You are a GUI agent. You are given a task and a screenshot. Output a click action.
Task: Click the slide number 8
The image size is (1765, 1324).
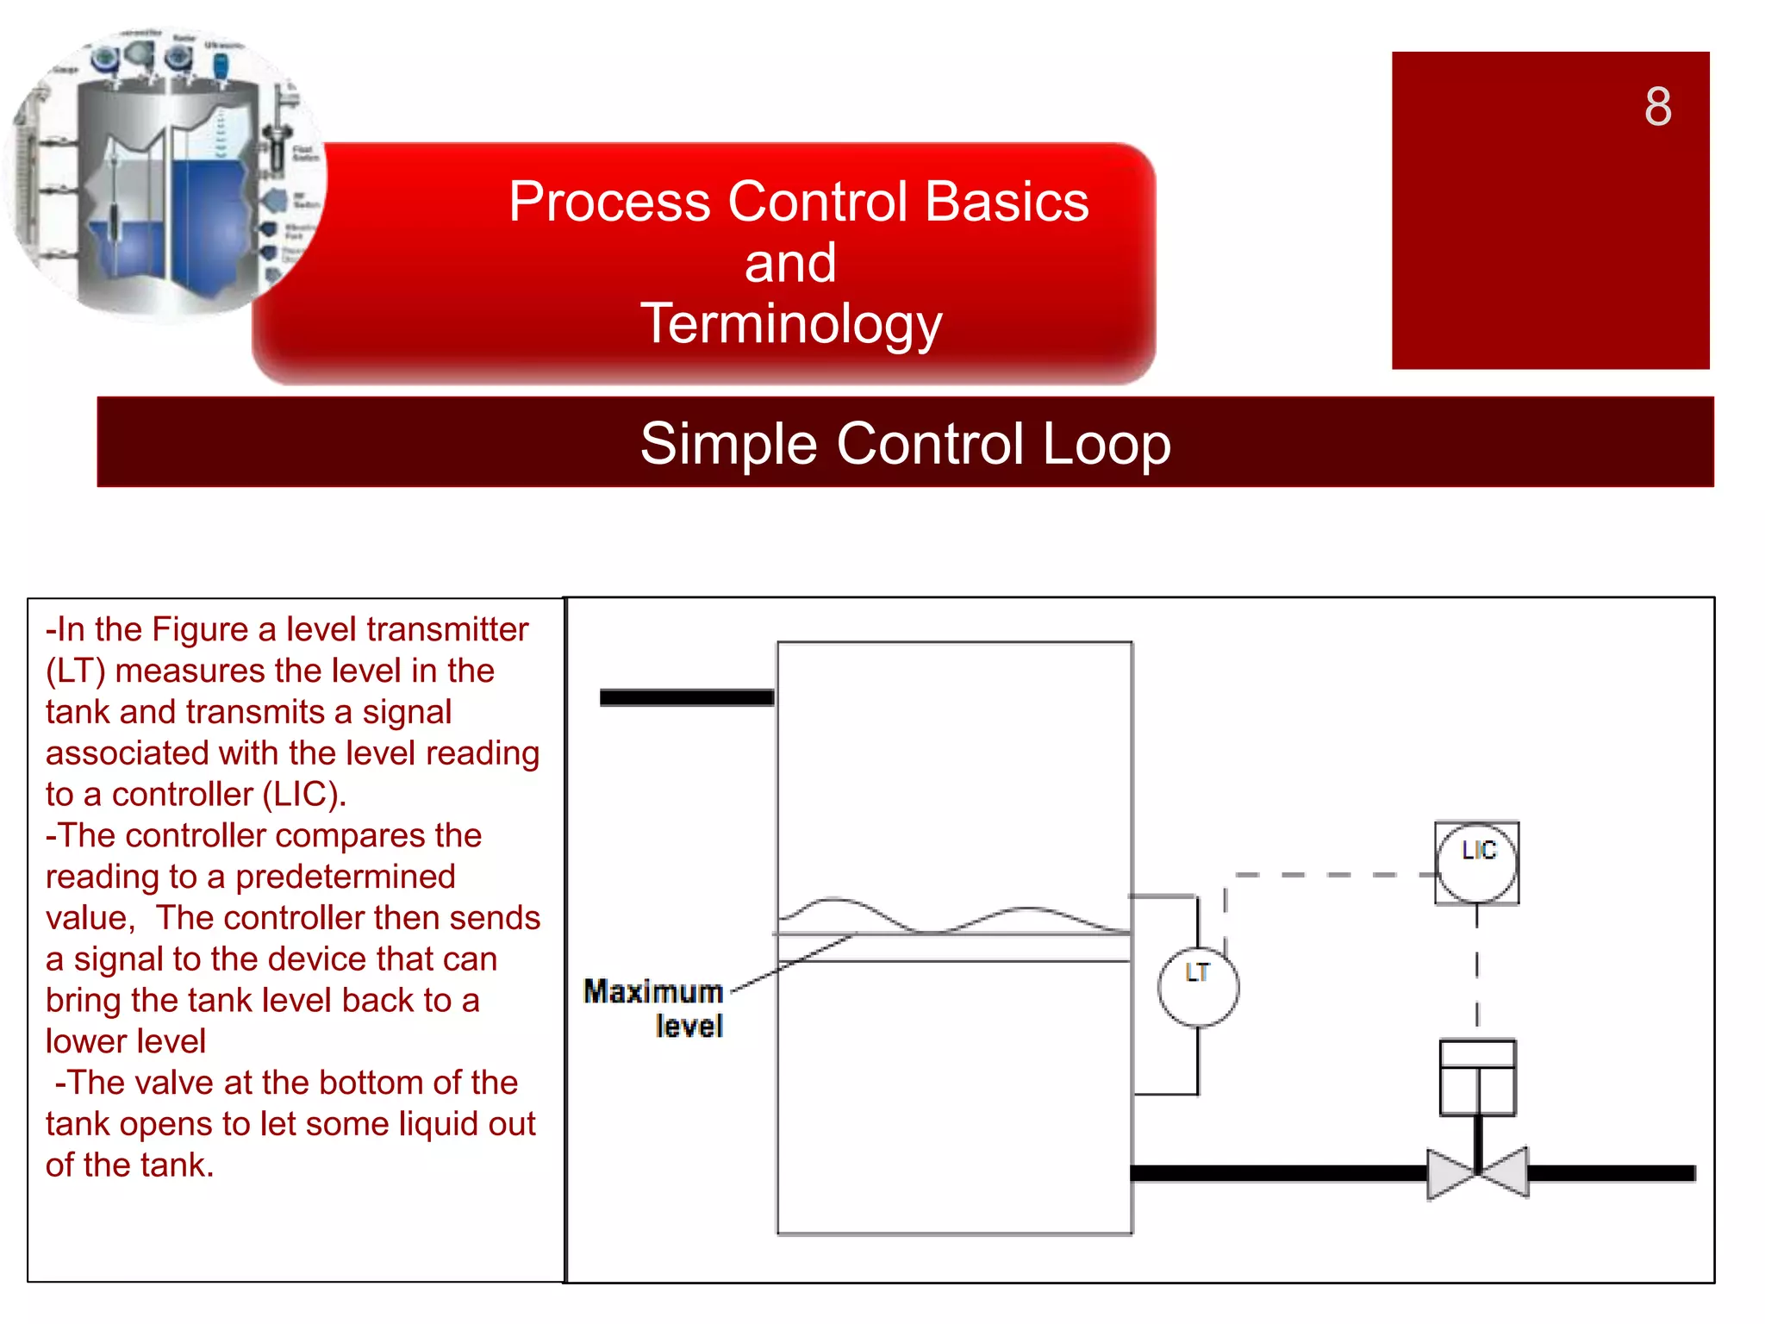pyautogui.click(x=1657, y=107)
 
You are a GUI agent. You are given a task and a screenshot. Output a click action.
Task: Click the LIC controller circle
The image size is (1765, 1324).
pyautogui.click(x=1476, y=862)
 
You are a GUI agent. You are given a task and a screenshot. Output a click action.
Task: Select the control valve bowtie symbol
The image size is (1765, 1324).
pyautogui.click(x=1477, y=1172)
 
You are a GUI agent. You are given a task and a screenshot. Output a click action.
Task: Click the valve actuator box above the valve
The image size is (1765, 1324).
pyautogui.click(x=1477, y=1077)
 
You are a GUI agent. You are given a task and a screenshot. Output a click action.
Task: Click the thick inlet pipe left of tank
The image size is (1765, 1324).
pyautogui.click(x=686, y=697)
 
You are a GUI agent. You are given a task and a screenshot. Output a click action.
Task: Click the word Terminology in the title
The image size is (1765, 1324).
pyautogui.click(x=790, y=324)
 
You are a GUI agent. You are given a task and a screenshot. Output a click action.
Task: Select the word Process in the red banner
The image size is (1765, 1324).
pyautogui.click(x=608, y=202)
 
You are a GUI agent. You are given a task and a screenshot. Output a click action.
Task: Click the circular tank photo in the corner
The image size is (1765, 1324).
pyautogui.click(x=164, y=172)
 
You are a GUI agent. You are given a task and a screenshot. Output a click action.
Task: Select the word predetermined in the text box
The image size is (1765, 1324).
pyautogui.click(x=345, y=877)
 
